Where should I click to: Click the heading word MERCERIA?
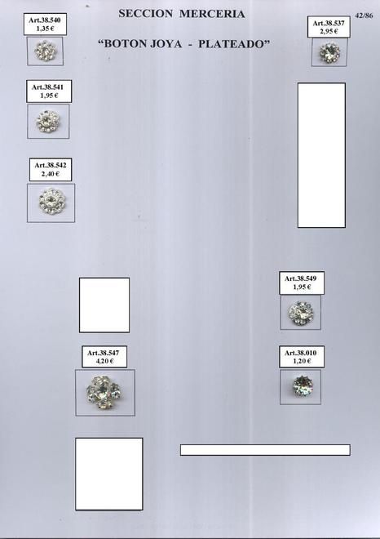point(212,14)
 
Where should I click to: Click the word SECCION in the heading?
point(145,14)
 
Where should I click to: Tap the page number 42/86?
point(365,16)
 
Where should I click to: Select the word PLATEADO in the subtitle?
point(234,44)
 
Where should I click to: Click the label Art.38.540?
point(45,20)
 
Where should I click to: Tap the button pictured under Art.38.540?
point(46,51)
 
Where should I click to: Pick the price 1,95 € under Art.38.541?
point(49,96)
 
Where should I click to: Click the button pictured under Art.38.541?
point(48,121)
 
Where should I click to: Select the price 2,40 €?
point(51,174)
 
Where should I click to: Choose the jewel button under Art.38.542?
point(52,201)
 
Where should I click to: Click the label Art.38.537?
point(329,24)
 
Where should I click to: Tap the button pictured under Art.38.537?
point(329,52)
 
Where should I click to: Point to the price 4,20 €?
point(104,361)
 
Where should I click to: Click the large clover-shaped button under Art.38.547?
point(104,392)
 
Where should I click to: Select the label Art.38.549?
point(300,278)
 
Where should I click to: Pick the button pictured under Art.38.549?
point(301,313)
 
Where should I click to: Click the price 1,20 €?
point(302,361)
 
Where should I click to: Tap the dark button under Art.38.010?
point(303,385)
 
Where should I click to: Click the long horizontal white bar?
point(265,450)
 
